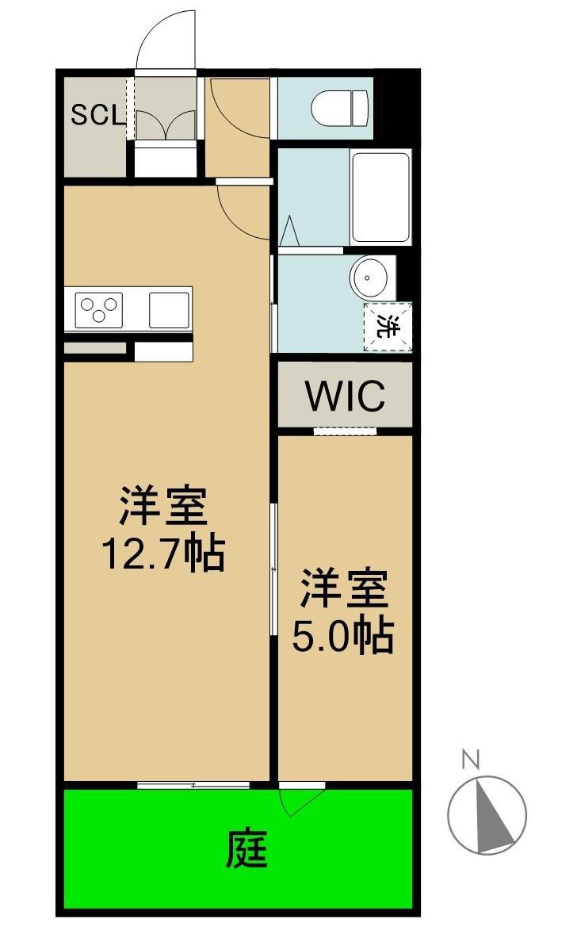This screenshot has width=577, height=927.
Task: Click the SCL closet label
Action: point(97,116)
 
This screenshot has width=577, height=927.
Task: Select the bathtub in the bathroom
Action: point(380,197)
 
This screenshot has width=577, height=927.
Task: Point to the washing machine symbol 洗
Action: point(388,326)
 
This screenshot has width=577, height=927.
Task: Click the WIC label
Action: point(346,396)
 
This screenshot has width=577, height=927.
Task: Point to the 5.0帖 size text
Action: point(343,635)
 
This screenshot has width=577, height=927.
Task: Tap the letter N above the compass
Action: point(471,760)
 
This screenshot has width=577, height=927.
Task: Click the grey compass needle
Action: point(491,817)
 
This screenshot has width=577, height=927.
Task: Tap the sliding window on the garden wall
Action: point(193,785)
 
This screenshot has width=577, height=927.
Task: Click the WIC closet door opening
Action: point(344,431)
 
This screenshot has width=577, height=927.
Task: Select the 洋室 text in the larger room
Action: point(163,508)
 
